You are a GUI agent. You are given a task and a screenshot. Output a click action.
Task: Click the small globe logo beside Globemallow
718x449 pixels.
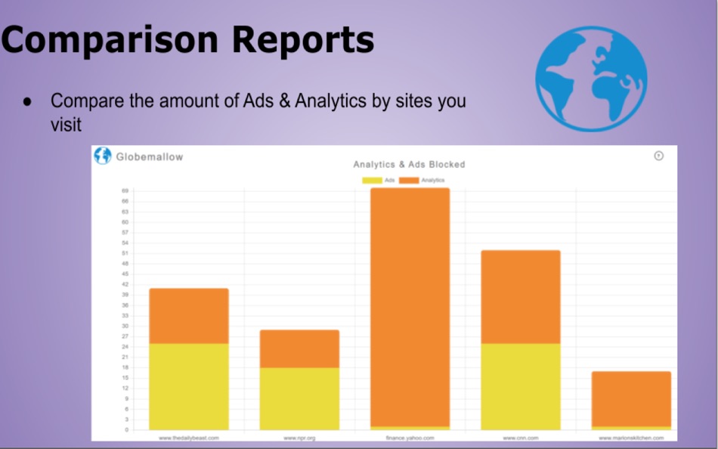(x=102, y=156)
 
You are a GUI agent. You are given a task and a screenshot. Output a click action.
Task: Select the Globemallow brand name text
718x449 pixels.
(x=149, y=156)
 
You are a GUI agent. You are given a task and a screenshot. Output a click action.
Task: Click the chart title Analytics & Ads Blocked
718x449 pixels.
(x=409, y=164)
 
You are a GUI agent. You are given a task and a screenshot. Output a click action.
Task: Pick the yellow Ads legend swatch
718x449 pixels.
(x=372, y=180)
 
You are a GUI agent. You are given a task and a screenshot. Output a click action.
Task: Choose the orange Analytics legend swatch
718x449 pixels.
(x=409, y=180)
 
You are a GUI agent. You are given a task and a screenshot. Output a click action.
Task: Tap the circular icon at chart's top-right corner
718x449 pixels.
(x=658, y=156)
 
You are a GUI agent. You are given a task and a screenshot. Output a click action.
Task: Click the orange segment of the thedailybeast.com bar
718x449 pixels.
(x=189, y=316)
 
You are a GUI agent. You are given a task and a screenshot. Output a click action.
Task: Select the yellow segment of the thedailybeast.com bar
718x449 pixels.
(x=189, y=386)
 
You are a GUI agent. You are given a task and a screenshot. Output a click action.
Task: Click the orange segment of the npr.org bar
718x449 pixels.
(x=299, y=348)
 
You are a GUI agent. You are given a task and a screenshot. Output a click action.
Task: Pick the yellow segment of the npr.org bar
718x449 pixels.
(x=299, y=398)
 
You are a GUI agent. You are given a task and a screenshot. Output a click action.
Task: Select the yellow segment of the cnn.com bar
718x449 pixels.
(x=520, y=386)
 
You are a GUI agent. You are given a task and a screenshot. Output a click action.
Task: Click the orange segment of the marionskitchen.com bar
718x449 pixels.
(x=630, y=398)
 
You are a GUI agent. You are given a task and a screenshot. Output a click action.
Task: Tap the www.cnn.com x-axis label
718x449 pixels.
(x=520, y=438)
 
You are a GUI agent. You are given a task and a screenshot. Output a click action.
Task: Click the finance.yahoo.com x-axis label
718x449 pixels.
(x=410, y=438)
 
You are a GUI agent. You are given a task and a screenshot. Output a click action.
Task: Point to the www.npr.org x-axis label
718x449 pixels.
(x=299, y=438)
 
